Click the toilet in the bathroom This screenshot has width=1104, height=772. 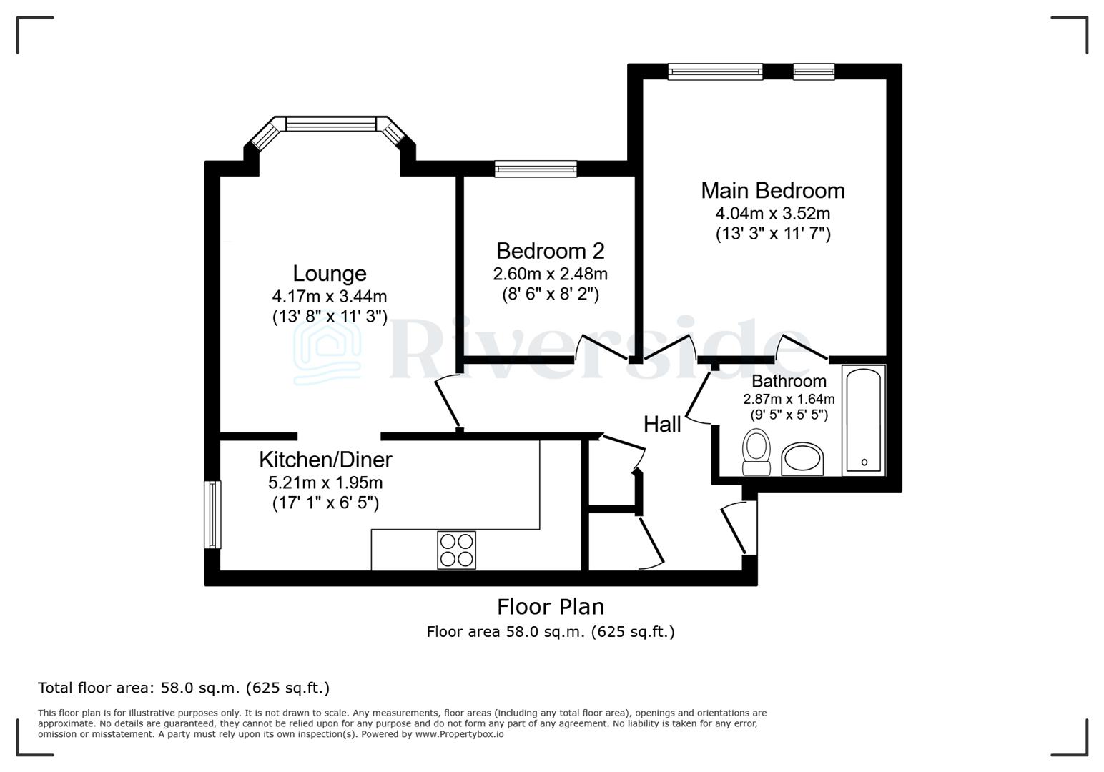pyautogui.click(x=756, y=452)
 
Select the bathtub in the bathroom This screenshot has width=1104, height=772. pyautogui.click(x=864, y=420)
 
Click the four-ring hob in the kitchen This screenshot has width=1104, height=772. pyautogui.click(x=456, y=550)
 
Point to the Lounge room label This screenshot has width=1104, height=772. pyautogui.click(x=329, y=274)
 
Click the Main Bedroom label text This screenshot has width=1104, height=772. pyautogui.click(x=772, y=191)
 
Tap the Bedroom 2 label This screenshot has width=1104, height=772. pyautogui.click(x=550, y=251)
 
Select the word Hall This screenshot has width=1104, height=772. pyautogui.click(x=661, y=425)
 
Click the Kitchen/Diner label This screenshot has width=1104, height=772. pyautogui.click(x=325, y=459)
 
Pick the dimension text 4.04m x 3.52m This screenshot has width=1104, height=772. pyautogui.click(x=772, y=214)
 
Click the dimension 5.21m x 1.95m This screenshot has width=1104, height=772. pyautogui.click(x=325, y=482)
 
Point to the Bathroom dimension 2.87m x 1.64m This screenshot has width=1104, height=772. pyautogui.click(x=789, y=400)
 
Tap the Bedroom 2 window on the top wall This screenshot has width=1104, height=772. pyautogui.click(x=536, y=169)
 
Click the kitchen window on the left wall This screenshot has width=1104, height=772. pyautogui.click(x=212, y=515)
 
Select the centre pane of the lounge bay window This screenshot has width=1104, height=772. pyautogui.click(x=330, y=124)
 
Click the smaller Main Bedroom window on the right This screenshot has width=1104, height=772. pyautogui.click(x=813, y=71)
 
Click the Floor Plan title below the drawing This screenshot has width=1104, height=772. pyautogui.click(x=551, y=607)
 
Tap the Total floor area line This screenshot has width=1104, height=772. pyautogui.click(x=184, y=688)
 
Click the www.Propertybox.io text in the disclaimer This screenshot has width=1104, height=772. pyautogui.click(x=459, y=734)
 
